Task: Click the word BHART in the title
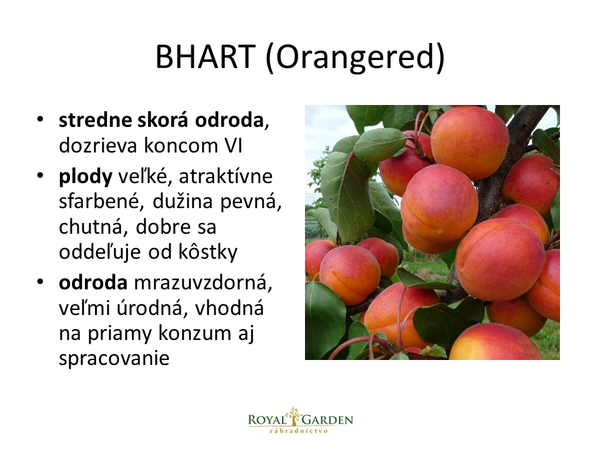click(x=205, y=57)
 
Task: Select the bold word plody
click(x=86, y=177)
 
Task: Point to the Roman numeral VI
click(x=232, y=146)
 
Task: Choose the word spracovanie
click(x=114, y=359)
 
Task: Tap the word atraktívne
click(x=226, y=176)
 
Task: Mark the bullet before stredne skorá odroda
click(x=40, y=119)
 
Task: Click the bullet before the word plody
click(x=40, y=176)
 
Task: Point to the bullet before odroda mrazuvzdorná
click(x=40, y=282)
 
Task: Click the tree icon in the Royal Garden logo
click(x=294, y=417)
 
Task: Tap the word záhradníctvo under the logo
click(x=299, y=431)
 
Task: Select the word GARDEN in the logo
click(x=327, y=420)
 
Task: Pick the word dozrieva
click(x=98, y=146)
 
